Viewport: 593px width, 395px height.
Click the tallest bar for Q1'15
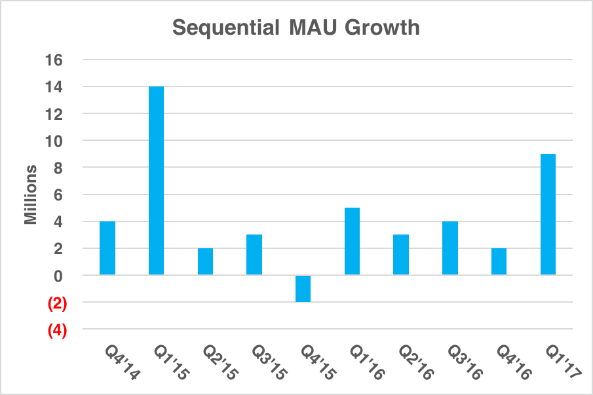tap(156, 180)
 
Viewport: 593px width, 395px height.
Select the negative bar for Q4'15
tap(303, 288)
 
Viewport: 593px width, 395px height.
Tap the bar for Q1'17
tap(548, 214)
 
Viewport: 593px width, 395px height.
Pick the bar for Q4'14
tap(107, 248)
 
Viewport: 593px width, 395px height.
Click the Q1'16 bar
tap(352, 241)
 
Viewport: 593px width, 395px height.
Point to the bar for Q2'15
tap(205, 261)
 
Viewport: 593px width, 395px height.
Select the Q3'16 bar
tap(450, 248)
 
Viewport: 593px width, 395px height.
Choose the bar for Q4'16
tap(499, 261)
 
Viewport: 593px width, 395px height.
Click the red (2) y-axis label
tap(58, 303)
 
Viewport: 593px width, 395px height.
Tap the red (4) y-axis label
tap(58, 330)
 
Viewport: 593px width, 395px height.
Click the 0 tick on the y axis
tap(58, 276)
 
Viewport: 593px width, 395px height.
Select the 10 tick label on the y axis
tap(54, 141)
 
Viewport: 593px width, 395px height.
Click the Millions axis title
tap(31, 195)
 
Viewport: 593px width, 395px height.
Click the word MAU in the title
tap(307, 29)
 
